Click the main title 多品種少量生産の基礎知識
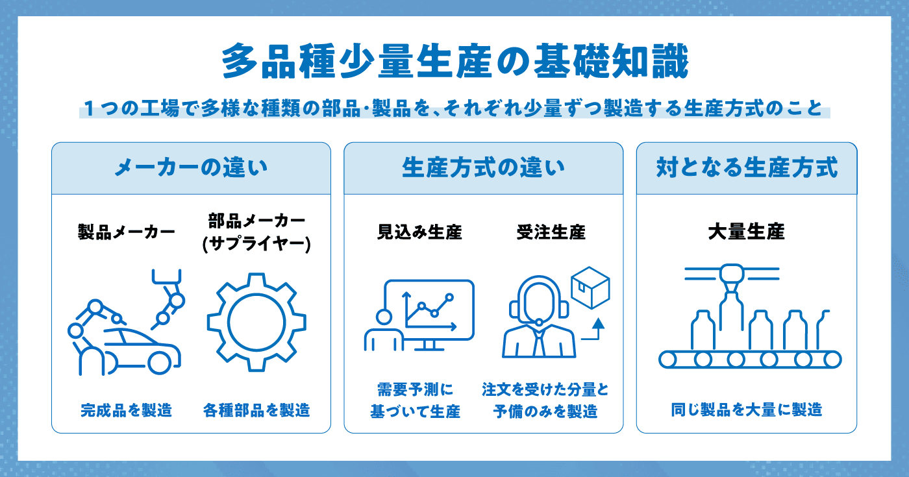(455, 61)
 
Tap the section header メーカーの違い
(191, 167)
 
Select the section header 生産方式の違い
(483, 167)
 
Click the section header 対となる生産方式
(747, 167)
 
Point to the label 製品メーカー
(127, 232)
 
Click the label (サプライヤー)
(256, 244)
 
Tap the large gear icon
(256, 323)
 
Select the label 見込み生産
(419, 232)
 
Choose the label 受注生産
(551, 232)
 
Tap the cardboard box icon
(590, 287)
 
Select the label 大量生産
(747, 232)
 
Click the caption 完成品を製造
(127, 410)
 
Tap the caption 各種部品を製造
(256, 410)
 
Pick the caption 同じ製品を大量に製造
(747, 410)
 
